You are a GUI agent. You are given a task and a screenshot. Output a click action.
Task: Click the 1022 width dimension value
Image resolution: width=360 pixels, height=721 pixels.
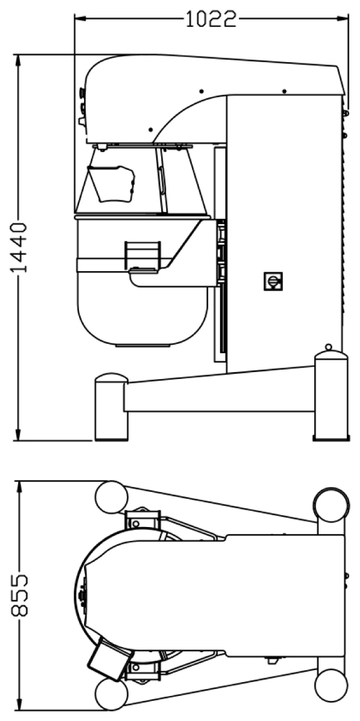tap(211, 19)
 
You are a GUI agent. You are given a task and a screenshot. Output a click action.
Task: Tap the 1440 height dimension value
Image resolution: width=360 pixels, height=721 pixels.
tap(19, 248)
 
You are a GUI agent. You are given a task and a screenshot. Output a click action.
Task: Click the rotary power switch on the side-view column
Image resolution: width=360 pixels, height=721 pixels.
tap(273, 281)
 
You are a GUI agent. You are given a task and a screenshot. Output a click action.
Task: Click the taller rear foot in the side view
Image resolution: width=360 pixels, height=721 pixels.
tap(331, 396)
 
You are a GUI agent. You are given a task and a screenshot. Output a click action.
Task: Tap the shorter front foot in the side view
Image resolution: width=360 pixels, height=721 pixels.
tap(111, 407)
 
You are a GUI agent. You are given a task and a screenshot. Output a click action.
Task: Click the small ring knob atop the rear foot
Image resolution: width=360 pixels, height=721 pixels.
tap(328, 347)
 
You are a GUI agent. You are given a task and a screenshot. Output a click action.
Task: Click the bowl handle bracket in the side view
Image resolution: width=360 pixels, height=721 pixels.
tap(144, 255)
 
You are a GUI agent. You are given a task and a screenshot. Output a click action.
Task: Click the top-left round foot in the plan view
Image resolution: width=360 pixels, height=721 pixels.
tap(111, 497)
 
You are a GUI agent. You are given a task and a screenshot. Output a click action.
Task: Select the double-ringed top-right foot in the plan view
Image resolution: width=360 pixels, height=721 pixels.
tap(331, 505)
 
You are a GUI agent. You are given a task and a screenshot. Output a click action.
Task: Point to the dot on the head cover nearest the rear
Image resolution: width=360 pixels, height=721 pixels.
tap(285, 91)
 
